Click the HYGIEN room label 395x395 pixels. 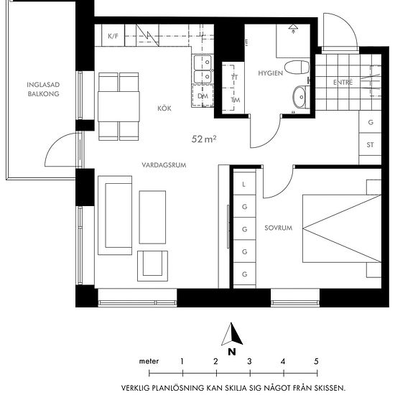click(x=270, y=73)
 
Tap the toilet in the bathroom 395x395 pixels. click(x=297, y=68)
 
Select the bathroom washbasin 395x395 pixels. click(x=299, y=97)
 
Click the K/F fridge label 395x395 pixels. click(x=113, y=36)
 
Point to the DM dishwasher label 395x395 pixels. click(x=203, y=96)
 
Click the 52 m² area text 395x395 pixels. click(x=204, y=139)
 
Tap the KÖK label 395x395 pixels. click(x=164, y=108)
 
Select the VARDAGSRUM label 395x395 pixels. click(x=164, y=165)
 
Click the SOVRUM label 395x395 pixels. click(x=279, y=228)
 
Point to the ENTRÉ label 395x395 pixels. click(x=343, y=82)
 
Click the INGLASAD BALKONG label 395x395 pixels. click(x=43, y=89)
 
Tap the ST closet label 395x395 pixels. click(x=370, y=145)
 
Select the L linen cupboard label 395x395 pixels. click(x=243, y=185)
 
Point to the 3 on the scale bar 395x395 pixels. click(x=249, y=361)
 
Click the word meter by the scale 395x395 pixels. click(x=149, y=361)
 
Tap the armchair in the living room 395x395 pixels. click(x=152, y=266)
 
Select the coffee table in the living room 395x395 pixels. click(x=152, y=217)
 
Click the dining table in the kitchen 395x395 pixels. click(x=118, y=106)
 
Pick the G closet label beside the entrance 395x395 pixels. click(x=371, y=122)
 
